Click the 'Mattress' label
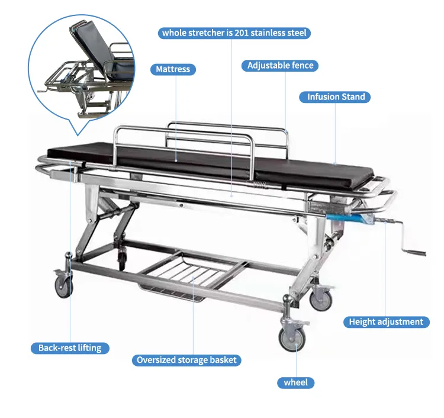point(173,69)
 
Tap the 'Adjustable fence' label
point(280,66)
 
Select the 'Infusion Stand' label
point(335,97)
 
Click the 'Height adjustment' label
point(386,322)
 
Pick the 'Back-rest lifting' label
point(70,348)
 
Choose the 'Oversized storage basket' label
point(186,360)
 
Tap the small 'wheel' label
point(296,382)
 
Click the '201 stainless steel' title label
point(234,33)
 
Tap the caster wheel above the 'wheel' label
point(292,339)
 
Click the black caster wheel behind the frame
point(122,261)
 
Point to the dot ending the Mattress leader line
point(176,160)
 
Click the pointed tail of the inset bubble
point(78,136)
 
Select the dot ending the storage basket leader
point(194,278)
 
